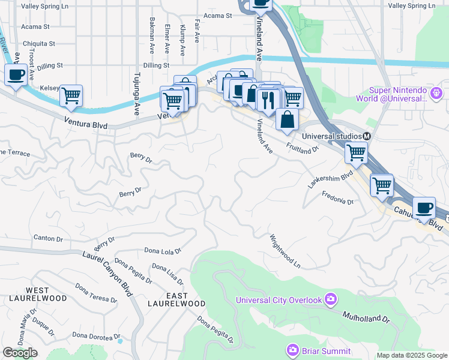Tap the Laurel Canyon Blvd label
click(x=107, y=270)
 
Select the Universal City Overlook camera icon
click(x=330, y=299)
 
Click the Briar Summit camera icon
click(x=292, y=349)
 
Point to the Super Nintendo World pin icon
click(x=436, y=93)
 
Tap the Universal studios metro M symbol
click(x=366, y=136)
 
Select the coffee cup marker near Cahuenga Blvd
click(x=424, y=208)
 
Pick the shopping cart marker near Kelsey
click(x=71, y=95)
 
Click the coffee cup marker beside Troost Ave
click(x=16, y=75)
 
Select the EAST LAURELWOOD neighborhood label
click(x=169, y=300)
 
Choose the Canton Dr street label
click(x=48, y=239)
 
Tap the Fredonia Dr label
click(x=337, y=197)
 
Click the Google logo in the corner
click(x=20, y=353)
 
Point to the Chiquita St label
click(x=39, y=44)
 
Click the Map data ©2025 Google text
click(x=412, y=355)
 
